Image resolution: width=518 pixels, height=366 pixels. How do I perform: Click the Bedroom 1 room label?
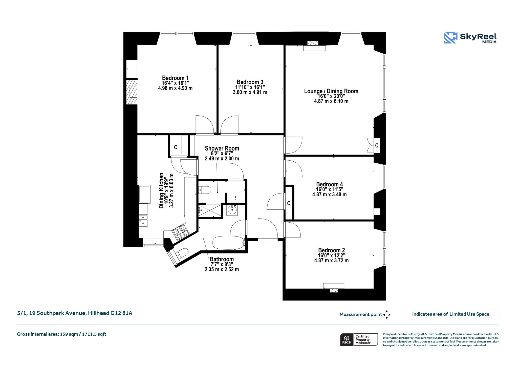pyautogui.click(x=175, y=78)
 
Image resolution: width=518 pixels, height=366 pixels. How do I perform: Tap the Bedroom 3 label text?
pyautogui.click(x=250, y=82)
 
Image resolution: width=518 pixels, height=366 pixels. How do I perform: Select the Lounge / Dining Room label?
pyautogui.click(x=331, y=91)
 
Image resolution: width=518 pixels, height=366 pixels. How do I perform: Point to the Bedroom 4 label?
pyautogui.click(x=329, y=184)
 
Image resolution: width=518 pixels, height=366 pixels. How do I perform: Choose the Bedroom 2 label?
pyautogui.click(x=331, y=250)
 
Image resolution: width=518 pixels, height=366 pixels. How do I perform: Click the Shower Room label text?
pyautogui.click(x=222, y=148)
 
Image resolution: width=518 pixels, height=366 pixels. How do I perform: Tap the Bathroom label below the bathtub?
pyautogui.click(x=222, y=259)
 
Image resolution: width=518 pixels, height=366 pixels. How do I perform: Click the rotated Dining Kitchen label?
pyautogui.click(x=161, y=191)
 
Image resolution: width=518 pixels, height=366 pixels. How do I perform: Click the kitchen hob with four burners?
pyautogui.click(x=180, y=232)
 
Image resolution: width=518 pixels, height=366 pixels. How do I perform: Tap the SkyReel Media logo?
pyautogui.click(x=470, y=38)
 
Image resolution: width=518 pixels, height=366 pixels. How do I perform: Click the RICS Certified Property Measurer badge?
pyautogui.click(x=359, y=339)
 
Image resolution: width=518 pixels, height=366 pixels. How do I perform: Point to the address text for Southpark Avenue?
pyautogui.click(x=75, y=313)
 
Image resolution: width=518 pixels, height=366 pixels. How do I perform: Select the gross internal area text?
pyautogui.click(x=61, y=334)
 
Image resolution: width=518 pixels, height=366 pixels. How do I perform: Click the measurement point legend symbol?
pyautogui.click(x=387, y=315)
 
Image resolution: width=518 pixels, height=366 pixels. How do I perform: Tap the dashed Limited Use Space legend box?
pyautogui.click(x=495, y=314)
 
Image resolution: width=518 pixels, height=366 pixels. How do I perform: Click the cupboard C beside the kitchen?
pyautogui.click(x=176, y=147)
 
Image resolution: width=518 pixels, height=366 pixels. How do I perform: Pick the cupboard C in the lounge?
pyautogui.click(x=377, y=145)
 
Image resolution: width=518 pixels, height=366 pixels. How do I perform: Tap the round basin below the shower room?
pyautogui.click(x=232, y=210)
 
